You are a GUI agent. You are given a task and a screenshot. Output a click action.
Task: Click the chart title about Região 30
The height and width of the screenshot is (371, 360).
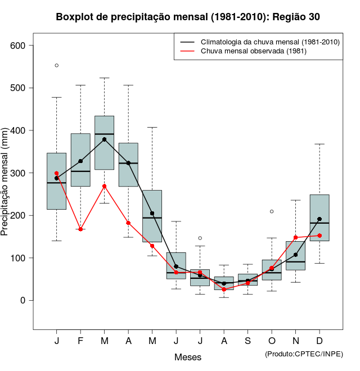pos(188,17)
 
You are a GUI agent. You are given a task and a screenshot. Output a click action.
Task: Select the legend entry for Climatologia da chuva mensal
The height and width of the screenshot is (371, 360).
pos(270,42)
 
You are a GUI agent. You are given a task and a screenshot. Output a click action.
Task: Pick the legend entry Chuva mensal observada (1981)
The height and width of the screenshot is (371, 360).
pos(253,51)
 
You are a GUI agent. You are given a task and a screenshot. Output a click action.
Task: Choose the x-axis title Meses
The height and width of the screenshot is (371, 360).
pos(188,357)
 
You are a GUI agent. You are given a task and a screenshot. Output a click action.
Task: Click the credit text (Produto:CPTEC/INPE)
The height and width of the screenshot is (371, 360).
pos(304,354)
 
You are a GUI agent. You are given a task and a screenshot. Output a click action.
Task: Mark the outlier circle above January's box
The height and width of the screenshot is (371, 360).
pos(57,66)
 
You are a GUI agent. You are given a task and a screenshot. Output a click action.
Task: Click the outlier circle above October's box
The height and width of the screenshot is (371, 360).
pos(272,211)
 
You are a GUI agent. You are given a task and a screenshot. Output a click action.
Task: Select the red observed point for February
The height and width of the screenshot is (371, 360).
pos(80,229)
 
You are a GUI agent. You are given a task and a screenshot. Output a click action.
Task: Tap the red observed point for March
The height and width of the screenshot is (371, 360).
pos(105,186)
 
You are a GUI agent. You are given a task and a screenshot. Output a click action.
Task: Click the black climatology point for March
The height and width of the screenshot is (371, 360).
pos(105,139)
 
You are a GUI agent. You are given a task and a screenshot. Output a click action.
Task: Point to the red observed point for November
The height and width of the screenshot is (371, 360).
pos(296,238)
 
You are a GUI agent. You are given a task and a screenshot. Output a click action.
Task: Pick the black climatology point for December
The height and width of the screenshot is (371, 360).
pos(319,219)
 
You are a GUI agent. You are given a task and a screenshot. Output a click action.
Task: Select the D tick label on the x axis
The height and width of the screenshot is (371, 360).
pos(319,341)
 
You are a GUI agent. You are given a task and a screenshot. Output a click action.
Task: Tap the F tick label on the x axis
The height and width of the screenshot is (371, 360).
pos(80,341)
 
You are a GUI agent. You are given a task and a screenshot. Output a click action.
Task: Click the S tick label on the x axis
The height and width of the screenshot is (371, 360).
pos(248,341)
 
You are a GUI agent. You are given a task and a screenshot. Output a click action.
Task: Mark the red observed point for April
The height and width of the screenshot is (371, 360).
pos(128,223)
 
